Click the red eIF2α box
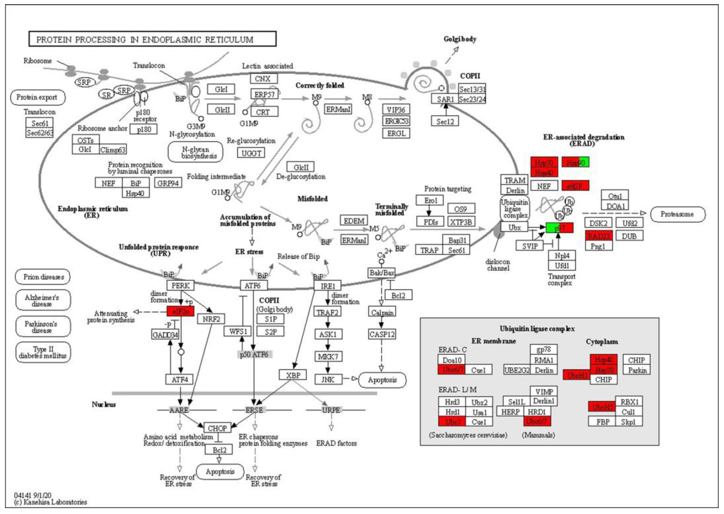(x=180, y=311)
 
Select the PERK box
(x=180, y=286)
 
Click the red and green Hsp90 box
(x=575, y=162)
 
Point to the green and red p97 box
(x=559, y=228)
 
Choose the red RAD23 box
(x=598, y=236)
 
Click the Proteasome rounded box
(x=678, y=214)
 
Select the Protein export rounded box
(x=37, y=98)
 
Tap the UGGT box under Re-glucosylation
(x=251, y=153)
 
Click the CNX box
(x=263, y=79)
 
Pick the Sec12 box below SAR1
(x=445, y=122)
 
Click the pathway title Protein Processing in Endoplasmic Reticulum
(x=152, y=39)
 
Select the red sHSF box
(x=575, y=186)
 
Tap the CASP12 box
(x=382, y=334)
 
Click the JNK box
(x=328, y=379)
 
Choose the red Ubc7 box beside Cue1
(x=452, y=422)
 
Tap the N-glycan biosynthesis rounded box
(x=195, y=152)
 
